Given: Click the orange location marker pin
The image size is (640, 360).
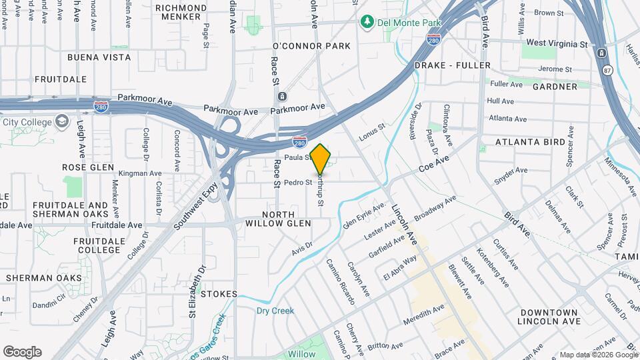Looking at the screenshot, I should coord(320,159).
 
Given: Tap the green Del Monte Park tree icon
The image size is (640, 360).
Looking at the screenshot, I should coord(366,23).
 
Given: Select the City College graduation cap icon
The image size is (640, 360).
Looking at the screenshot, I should coord(62,121).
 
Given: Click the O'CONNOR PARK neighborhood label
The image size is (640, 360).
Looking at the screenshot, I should coord(311,46).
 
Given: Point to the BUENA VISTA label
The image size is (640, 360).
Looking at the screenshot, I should coord(99,57).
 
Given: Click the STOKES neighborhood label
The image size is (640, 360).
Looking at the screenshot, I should coord(219,294).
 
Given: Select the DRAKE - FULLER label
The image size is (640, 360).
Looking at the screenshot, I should coord(452,65).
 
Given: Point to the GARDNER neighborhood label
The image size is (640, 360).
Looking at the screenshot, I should coord(555,87).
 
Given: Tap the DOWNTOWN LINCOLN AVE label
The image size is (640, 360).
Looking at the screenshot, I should coord(549,317).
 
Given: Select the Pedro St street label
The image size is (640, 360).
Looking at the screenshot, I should coord(298,183).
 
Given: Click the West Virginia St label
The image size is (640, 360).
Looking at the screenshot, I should coord(559,43).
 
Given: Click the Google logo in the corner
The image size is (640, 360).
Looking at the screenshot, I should coord(22,352).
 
